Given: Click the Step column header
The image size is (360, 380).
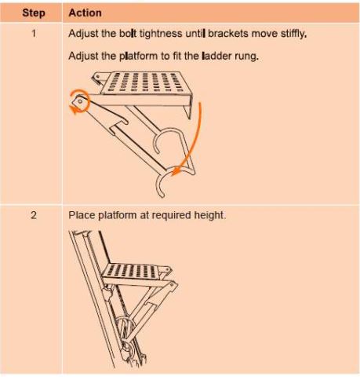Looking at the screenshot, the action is click(34, 13).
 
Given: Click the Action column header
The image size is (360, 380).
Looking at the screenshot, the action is click(85, 13).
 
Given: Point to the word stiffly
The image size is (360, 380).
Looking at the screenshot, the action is click(293, 34).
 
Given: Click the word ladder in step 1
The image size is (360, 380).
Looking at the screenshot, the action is click(217, 56).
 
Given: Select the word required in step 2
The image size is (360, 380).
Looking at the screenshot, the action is click(172, 216).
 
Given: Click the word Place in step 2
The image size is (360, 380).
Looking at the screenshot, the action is click(82, 215).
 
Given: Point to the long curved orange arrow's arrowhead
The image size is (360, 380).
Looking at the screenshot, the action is click(176, 171).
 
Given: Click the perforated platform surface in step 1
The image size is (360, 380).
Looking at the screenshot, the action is click(144, 82).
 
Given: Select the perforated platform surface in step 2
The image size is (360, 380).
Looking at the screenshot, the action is click(131, 271).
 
